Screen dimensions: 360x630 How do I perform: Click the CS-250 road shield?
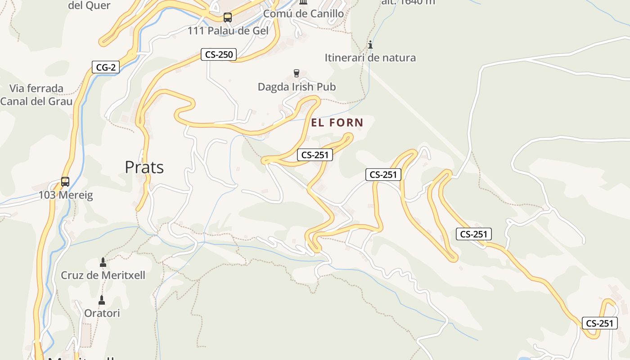tap(219, 55)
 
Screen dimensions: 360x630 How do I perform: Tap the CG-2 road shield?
tap(106, 67)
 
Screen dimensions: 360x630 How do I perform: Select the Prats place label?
tap(144, 167)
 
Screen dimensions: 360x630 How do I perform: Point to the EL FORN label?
tap(337, 122)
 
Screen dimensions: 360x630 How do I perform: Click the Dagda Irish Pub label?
tap(297, 87)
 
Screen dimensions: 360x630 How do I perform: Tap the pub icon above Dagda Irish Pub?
tap(297, 73)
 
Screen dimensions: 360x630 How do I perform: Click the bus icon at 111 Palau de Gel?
tap(228, 18)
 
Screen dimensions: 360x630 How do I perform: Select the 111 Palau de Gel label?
tap(228, 31)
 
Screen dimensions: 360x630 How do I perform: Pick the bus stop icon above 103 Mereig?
tap(65, 182)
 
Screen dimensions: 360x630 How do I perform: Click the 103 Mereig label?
tap(65, 195)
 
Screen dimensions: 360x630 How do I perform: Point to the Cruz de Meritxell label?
tap(103, 275)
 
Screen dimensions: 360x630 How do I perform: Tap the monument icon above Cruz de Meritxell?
tap(103, 262)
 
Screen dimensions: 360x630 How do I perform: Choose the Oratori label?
tap(102, 313)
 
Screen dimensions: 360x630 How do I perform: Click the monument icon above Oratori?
tap(102, 300)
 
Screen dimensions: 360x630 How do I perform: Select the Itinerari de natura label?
tap(370, 58)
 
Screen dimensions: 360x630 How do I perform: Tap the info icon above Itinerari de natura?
tap(370, 45)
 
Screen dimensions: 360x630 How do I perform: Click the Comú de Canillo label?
tap(303, 13)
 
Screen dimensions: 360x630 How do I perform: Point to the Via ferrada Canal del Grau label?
tap(36, 94)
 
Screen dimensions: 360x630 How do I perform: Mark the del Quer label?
tap(89, 5)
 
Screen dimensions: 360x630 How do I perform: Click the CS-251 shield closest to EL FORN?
tap(315, 155)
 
